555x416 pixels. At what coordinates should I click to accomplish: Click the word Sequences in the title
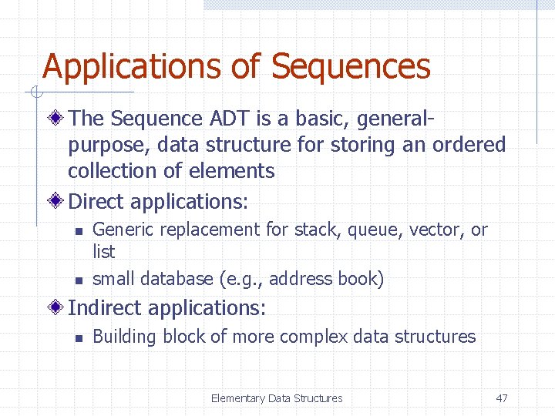click(x=351, y=67)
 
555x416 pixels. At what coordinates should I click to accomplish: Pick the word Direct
click(x=97, y=202)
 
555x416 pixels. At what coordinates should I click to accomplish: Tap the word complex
click(x=313, y=337)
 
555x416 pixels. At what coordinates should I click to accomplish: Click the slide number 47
click(x=502, y=398)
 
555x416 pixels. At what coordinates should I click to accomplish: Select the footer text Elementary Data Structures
click(x=277, y=398)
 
